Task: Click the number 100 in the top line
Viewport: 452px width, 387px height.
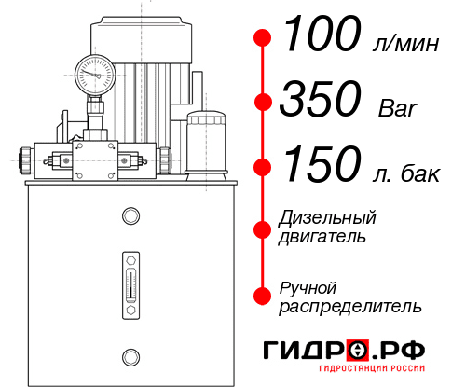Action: (322, 36)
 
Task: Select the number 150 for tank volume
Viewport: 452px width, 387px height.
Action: (321, 166)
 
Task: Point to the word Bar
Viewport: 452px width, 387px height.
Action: (398, 106)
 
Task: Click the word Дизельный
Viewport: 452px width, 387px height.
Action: (327, 218)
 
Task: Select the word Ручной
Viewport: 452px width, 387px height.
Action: (308, 286)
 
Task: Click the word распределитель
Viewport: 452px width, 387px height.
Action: (349, 306)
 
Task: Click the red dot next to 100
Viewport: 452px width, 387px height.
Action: (263, 38)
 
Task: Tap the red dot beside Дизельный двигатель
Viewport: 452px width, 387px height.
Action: (263, 228)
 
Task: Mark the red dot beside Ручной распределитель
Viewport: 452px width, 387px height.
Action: (263, 296)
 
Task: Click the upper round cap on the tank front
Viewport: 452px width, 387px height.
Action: (130, 216)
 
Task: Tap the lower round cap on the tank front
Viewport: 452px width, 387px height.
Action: (130, 355)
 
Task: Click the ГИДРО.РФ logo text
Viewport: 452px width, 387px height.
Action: (345, 351)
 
